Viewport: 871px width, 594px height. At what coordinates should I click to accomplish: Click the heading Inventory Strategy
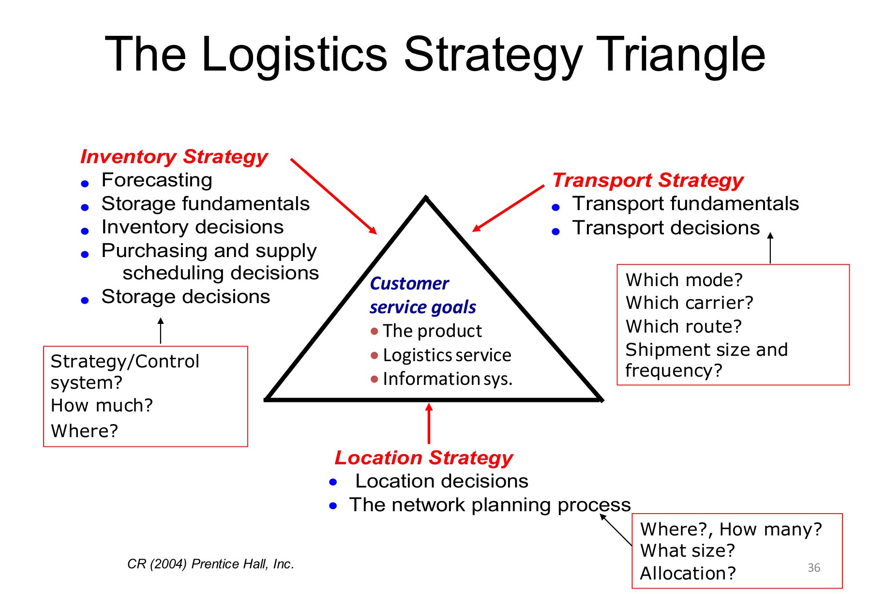[x=174, y=157]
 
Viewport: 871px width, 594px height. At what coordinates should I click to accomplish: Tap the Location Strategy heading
[x=423, y=457]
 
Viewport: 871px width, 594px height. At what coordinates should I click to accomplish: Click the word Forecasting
[x=157, y=180]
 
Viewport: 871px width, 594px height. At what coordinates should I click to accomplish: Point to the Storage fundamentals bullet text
[x=205, y=204]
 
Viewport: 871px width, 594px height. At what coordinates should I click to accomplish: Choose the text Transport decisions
[x=666, y=228]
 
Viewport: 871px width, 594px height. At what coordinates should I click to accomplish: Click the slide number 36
[x=814, y=567]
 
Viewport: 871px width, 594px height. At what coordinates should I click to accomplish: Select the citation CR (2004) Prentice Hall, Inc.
[x=210, y=564]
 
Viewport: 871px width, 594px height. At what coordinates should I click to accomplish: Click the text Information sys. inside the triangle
[x=447, y=379]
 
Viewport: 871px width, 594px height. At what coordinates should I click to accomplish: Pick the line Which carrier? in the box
[x=689, y=303]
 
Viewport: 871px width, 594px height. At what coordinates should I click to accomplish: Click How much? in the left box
[x=102, y=406]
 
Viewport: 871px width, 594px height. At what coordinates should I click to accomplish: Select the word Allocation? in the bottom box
[x=688, y=574]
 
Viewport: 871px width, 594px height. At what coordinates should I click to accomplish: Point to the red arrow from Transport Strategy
[x=508, y=208]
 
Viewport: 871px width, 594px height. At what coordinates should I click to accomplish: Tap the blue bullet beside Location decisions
[x=333, y=482]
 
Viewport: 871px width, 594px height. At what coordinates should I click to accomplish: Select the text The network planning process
[x=490, y=505]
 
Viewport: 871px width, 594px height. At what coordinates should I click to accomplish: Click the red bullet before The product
[x=374, y=332]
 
